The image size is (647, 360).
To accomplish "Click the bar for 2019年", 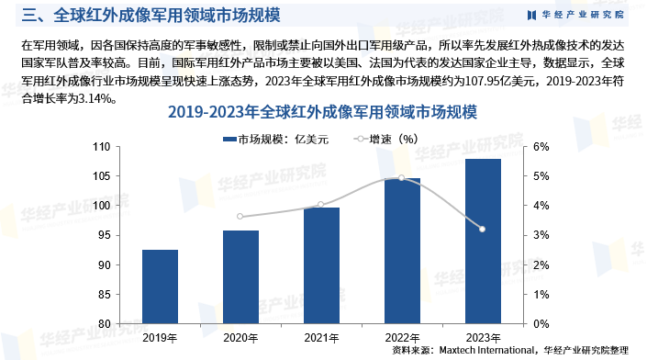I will click(x=161, y=287).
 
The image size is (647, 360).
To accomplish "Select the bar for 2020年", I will click(x=240, y=276).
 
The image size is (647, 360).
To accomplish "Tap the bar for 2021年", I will click(x=320, y=265).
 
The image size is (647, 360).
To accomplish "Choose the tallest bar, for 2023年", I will click(x=483, y=242).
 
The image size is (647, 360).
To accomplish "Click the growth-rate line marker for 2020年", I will click(x=240, y=217).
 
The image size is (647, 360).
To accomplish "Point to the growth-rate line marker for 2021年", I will click(x=320, y=205).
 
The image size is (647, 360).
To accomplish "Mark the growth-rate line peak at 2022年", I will click(x=402, y=178).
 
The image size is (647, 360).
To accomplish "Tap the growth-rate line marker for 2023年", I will click(x=483, y=229).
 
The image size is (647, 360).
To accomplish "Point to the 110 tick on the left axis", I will click(x=127, y=147).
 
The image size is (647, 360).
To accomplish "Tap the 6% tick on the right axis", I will click(x=541, y=147).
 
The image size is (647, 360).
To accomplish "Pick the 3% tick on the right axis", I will click(x=541, y=236).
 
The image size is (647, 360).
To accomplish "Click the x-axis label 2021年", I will click(x=320, y=337).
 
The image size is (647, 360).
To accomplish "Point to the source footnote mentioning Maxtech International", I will click(x=510, y=350).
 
